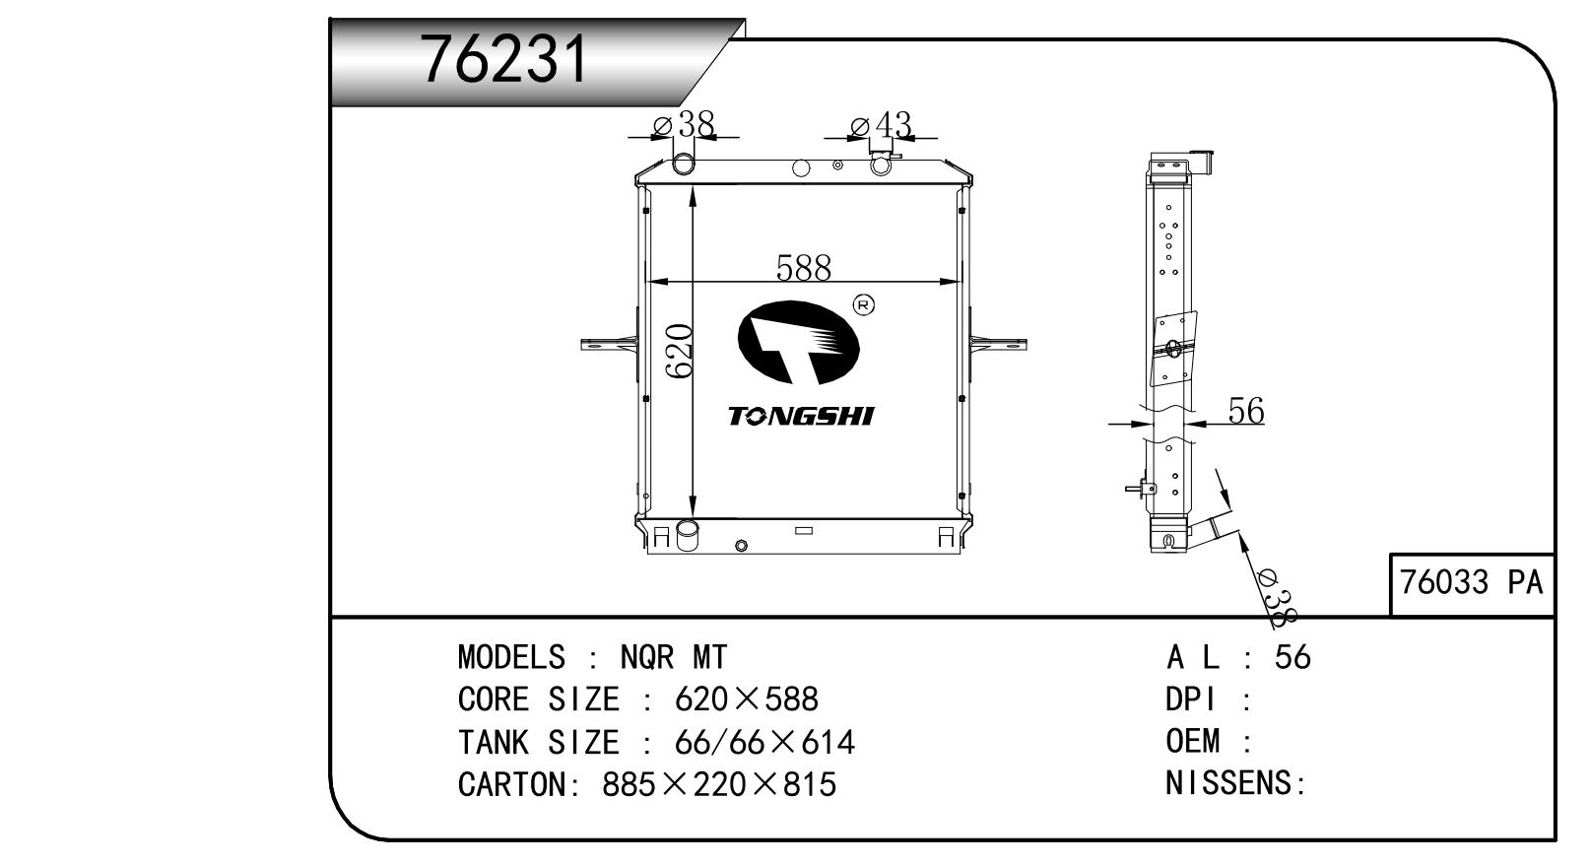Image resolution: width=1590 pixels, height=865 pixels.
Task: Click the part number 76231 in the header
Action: [x=504, y=60]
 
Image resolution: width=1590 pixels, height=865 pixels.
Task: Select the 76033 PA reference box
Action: [x=1472, y=584]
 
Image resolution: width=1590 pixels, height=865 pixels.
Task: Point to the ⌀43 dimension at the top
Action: [x=881, y=125]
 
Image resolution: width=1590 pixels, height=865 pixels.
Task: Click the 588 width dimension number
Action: [x=804, y=268]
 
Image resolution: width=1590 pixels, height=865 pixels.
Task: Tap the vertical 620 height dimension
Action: [x=679, y=351]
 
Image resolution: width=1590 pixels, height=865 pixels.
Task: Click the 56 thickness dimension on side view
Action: [x=1246, y=411]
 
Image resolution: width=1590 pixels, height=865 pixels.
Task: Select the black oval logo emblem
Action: [x=799, y=343]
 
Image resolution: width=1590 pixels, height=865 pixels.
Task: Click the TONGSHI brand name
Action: [x=801, y=417]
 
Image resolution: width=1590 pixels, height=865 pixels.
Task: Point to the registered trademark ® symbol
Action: [x=863, y=305]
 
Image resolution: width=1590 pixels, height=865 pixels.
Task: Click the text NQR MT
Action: [x=674, y=658]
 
